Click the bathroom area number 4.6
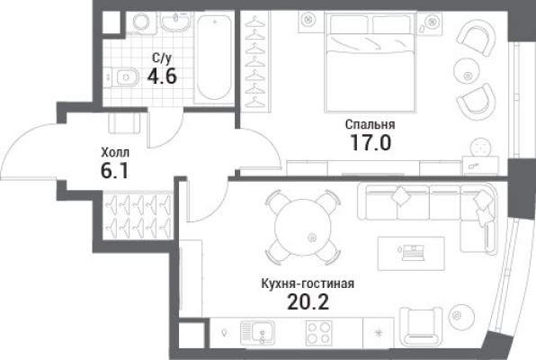coord(164,76)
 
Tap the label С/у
coord(162,58)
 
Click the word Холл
coord(114,153)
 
